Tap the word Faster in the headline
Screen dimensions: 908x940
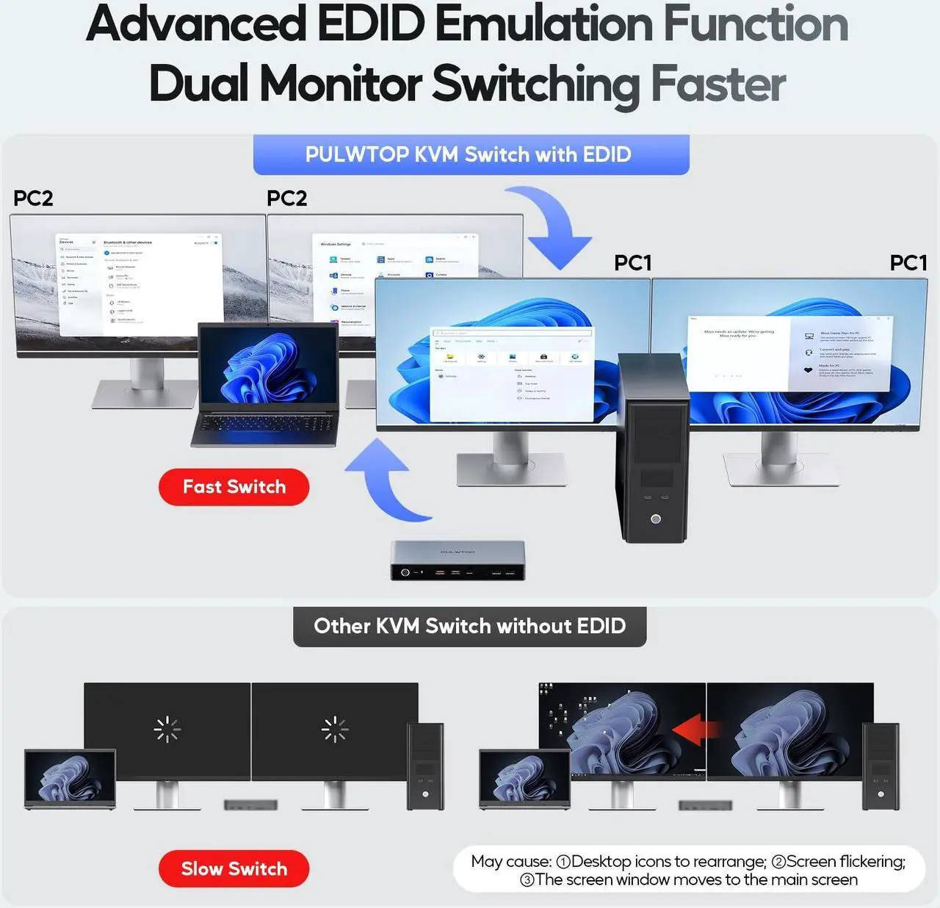point(717,84)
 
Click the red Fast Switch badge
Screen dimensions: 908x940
point(234,487)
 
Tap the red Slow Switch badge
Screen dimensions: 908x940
point(234,868)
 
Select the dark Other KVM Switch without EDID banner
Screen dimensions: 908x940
point(469,626)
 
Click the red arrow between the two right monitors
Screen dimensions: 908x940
point(697,730)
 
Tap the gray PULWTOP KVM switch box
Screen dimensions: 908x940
point(458,561)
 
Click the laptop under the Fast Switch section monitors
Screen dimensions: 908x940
point(267,386)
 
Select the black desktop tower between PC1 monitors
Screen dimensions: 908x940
point(654,448)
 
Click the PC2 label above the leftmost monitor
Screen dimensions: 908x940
point(33,198)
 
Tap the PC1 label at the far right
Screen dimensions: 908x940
point(908,263)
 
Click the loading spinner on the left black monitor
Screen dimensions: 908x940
point(167,729)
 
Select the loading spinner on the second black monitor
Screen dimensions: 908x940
point(335,729)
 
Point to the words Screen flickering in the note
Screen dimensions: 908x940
point(845,861)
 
